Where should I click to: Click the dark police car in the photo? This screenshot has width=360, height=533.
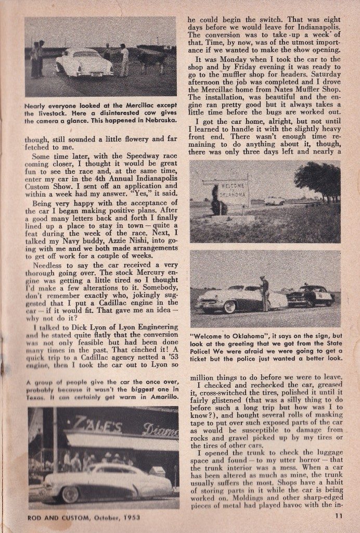pyautogui.click(x=311, y=296)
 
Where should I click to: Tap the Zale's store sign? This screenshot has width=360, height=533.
pyautogui.click(x=93, y=423)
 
